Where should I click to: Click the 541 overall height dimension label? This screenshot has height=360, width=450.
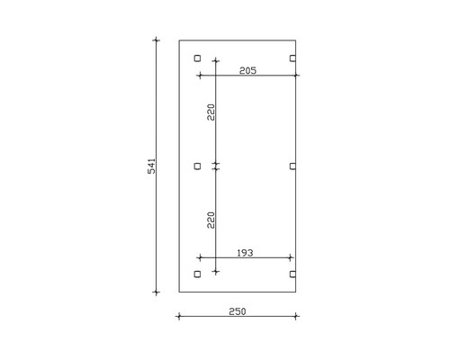152,166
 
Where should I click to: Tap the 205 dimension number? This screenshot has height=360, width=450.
249,70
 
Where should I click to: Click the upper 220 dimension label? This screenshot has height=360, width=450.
210,112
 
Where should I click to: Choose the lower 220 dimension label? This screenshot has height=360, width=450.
210,220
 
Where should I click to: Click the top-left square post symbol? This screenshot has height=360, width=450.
198,58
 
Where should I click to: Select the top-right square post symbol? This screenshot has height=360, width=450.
293,58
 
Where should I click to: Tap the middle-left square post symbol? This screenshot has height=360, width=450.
198,166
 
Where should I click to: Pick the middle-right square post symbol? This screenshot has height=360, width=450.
293,166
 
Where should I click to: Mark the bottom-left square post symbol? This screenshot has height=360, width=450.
198,274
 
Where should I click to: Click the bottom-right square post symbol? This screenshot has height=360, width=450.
293,274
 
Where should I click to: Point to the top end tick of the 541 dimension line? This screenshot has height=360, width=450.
157,40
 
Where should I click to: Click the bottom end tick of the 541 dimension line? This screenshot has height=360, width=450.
157,292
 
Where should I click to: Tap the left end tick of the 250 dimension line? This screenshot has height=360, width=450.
179,316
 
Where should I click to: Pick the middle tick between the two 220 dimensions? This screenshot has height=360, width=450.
215,166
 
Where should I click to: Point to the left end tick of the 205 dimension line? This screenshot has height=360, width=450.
198,76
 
